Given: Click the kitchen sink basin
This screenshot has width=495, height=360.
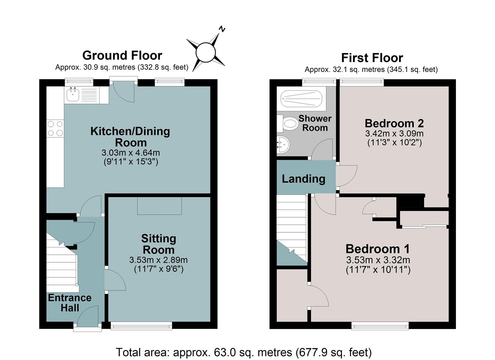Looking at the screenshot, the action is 73,94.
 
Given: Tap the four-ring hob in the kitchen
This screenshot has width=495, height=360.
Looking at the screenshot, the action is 55,128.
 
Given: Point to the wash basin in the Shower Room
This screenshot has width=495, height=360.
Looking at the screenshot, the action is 283,144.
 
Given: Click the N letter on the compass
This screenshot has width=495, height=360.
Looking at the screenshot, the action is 222,29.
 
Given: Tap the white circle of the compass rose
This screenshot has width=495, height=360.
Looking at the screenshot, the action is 206,52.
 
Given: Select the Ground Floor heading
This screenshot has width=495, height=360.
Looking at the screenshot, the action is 122,55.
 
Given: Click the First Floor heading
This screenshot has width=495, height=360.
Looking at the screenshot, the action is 372,58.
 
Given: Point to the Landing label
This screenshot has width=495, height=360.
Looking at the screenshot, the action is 303,179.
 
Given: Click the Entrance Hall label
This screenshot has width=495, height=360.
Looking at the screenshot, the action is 70,303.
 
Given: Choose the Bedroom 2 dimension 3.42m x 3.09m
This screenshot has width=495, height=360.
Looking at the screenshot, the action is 394,133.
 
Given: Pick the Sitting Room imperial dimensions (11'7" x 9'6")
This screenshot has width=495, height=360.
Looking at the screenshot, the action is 159,269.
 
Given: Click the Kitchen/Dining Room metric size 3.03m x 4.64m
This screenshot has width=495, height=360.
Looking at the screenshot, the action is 131,152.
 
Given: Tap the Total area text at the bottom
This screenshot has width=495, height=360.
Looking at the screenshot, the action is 244,352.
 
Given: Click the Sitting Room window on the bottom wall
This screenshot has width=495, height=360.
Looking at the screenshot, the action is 141,326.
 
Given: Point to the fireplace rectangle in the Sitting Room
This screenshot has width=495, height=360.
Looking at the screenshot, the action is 159,206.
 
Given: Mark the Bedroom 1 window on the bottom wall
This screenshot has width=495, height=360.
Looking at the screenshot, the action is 380,326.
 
